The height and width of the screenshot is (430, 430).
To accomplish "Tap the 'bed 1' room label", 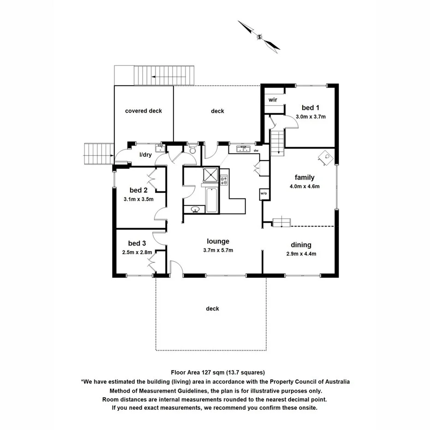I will click(x=311, y=108).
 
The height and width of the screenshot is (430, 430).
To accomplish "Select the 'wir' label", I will click(x=273, y=100).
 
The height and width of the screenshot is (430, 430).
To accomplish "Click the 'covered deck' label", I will click(x=143, y=111).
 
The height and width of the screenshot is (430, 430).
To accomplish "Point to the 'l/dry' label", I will click(x=146, y=155).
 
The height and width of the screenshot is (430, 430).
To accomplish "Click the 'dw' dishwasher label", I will click(x=255, y=150).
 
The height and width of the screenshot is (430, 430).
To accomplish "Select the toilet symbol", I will click(x=192, y=149).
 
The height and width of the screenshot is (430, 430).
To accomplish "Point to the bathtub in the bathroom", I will click(x=212, y=200).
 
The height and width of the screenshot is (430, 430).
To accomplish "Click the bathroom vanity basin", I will click(x=195, y=210).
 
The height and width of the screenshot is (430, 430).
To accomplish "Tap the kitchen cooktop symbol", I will click(x=224, y=177).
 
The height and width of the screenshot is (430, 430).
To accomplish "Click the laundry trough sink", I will click(x=160, y=148).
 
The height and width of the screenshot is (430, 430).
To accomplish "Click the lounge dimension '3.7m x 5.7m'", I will click(x=218, y=250).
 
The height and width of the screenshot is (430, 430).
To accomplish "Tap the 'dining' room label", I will click(x=301, y=245).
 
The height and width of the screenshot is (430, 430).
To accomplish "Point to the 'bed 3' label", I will click(x=137, y=243).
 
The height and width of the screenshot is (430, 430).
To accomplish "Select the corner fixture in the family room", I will click(x=326, y=157).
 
